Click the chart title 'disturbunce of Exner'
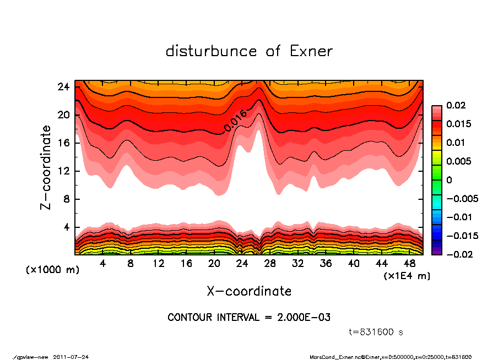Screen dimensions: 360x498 [249, 51]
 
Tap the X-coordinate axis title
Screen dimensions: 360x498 [249, 291]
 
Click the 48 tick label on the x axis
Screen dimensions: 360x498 [409, 264]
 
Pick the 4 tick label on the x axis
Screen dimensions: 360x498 [103, 264]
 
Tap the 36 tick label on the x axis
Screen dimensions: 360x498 [326, 264]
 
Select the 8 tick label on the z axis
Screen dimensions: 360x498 [66, 199]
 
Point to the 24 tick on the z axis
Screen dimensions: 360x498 [64, 87]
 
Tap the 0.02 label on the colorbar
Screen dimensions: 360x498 [456, 105]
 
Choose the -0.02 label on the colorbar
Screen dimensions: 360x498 [455, 254]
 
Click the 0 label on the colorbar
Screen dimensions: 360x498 [449, 180]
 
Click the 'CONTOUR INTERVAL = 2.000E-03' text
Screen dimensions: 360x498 [249, 318]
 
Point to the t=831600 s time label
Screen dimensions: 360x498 [377, 332]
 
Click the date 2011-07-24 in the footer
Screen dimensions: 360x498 [71, 357]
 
